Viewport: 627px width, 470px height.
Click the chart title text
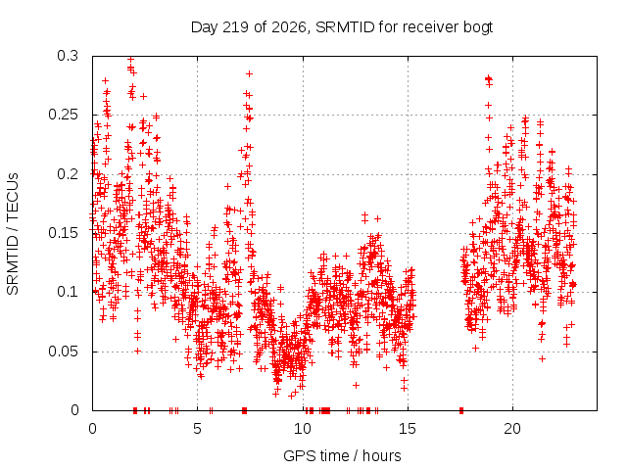click(x=342, y=27)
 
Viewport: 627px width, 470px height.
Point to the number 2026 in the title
click(x=289, y=27)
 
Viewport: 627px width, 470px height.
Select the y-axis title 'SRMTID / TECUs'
click(x=13, y=234)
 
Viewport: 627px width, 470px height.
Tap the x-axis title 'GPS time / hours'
click(x=342, y=455)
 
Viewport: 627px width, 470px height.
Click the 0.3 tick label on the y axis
click(x=68, y=56)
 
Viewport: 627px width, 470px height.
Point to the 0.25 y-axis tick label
click(x=63, y=115)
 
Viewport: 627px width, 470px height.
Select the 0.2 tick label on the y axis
click(x=68, y=174)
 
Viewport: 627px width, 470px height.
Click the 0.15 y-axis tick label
click(x=63, y=233)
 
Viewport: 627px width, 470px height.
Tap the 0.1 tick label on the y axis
click(x=68, y=292)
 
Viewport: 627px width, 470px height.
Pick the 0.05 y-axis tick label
click(x=63, y=352)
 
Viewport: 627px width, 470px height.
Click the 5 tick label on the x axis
click(x=198, y=429)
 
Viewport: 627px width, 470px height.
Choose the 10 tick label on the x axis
click(x=303, y=429)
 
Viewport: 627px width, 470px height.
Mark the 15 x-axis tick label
click(x=408, y=429)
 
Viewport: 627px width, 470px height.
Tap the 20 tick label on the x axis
click(x=512, y=429)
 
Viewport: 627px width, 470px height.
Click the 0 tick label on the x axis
click(x=92, y=429)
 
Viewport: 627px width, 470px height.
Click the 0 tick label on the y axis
click(x=74, y=410)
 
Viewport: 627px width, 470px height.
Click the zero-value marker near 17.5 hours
click(x=461, y=410)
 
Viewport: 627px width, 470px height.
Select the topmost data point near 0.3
click(x=130, y=59)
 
